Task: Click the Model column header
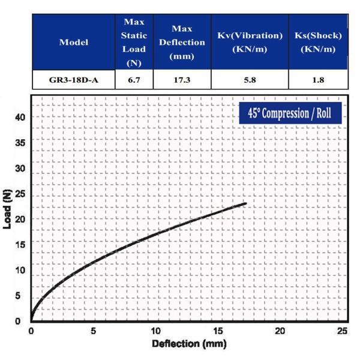74,42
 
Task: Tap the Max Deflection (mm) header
181,42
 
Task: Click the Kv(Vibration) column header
249,42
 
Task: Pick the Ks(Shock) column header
318,42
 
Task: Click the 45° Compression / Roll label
290,113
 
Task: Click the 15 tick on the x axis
218,331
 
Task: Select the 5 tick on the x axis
94,331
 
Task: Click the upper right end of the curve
245,203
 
